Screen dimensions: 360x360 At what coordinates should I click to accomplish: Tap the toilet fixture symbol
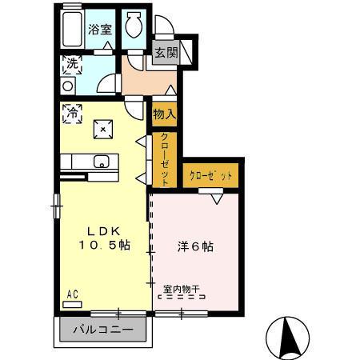[134, 26]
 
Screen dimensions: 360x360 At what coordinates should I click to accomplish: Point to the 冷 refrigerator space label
[71, 113]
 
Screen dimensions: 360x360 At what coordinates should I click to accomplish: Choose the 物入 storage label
[164, 114]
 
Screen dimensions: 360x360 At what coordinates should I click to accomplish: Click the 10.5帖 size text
[103, 246]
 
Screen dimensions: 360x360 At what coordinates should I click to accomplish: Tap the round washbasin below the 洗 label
[69, 84]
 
